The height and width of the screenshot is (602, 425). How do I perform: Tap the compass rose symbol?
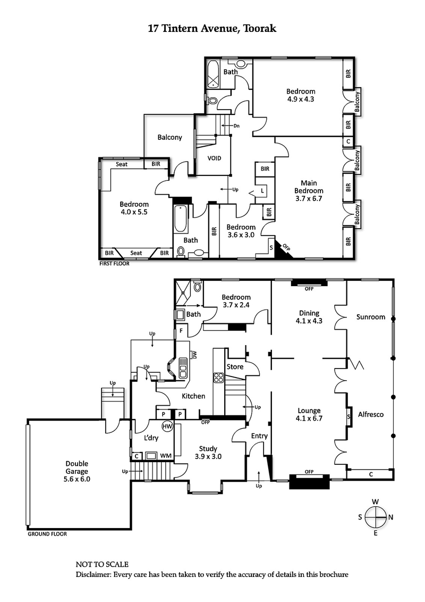[x=375, y=516]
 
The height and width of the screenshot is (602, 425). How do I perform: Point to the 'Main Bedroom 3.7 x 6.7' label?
[x=309, y=190]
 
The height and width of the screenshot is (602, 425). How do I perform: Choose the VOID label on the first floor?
[x=214, y=158]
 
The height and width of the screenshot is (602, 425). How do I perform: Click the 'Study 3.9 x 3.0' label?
[x=207, y=452]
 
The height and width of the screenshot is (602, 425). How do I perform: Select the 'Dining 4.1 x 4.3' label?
[x=309, y=317]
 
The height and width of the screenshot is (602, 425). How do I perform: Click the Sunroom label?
[x=371, y=317]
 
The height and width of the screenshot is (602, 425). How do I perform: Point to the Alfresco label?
[x=371, y=414]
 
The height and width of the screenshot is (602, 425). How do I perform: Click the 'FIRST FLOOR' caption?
[x=114, y=263]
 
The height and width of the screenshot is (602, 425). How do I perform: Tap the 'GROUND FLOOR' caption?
[x=47, y=534]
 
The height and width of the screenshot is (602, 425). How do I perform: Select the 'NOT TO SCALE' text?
[x=102, y=564]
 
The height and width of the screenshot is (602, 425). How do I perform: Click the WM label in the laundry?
[x=166, y=456]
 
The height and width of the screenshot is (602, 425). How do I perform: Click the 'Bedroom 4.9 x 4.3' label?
[x=301, y=95]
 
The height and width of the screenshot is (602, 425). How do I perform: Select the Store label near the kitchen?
[x=235, y=367]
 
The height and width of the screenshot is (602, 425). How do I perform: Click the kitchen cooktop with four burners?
[x=218, y=378]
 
